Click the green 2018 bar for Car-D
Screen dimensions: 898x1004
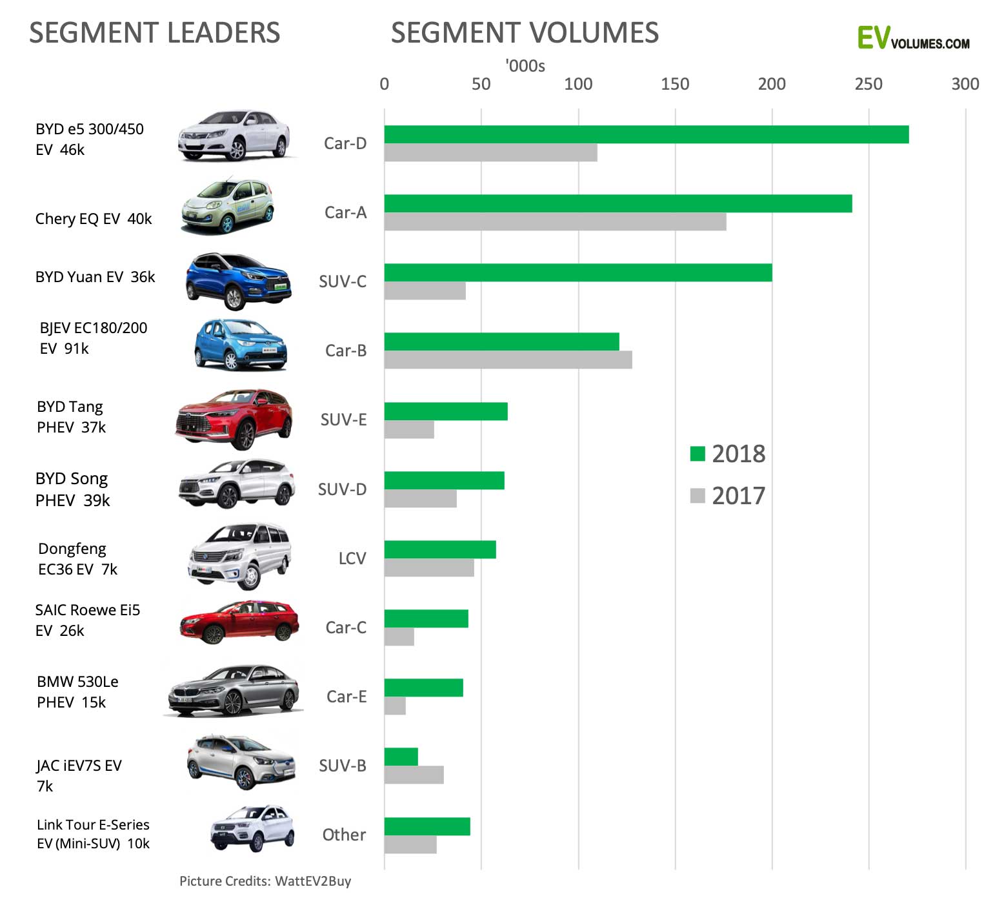coord(645,134)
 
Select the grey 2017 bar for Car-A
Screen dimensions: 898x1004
coord(555,221)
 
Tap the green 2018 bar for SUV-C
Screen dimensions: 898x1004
coord(577,272)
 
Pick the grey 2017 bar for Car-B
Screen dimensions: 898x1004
coord(508,360)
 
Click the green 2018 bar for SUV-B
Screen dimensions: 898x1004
coord(401,757)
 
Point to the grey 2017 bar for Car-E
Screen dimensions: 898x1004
coord(395,706)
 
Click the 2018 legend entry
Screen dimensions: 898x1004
coord(727,454)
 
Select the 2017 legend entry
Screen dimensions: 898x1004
coord(727,496)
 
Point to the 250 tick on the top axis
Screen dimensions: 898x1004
coord(868,84)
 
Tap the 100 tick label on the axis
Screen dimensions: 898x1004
coord(577,84)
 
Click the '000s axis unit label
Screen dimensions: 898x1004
coord(525,66)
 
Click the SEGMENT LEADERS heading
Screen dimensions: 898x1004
coord(154,33)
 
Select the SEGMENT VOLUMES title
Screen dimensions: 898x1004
coord(525,33)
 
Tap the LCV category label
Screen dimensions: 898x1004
coord(352,558)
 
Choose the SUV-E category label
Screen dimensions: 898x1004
coord(343,420)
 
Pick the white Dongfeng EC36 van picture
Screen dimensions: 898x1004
coord(239,556)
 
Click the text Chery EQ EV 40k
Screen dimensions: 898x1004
coord(94,219)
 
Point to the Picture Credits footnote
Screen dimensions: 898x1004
coord(265,881)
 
